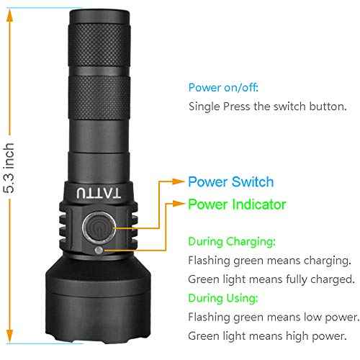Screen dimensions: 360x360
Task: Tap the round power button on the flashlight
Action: [96, 228]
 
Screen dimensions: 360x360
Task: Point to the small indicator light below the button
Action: [99, 250]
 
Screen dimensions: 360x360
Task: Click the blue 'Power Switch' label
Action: [230, 182]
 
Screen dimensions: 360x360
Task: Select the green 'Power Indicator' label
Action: [237, 204]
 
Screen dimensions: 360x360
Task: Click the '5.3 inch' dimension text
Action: [9, 168]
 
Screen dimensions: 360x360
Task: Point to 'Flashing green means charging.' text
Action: [269, 261]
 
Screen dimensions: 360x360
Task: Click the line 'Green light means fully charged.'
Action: [271, 279]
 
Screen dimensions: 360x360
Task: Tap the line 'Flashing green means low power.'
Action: [273, 317]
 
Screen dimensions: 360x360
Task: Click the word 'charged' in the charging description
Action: [333, 279]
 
